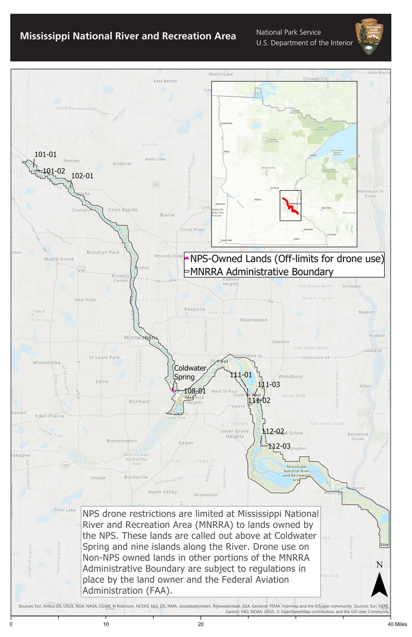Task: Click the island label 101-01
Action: click(46, 154)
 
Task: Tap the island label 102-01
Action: click(82, 175)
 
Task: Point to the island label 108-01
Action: click(194, 391)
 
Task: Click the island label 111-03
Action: click(268, 385)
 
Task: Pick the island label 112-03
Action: click(279, 446)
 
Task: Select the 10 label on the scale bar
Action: click(106, 625)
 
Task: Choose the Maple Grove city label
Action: click(59, 259)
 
